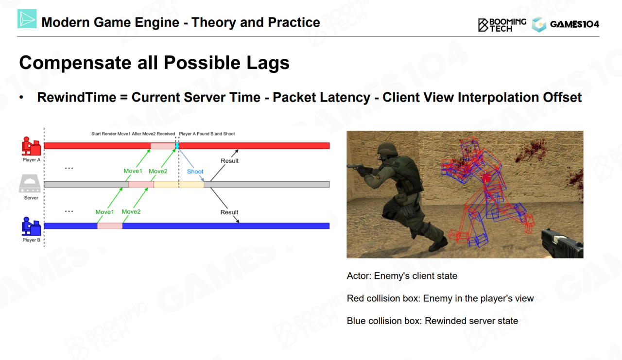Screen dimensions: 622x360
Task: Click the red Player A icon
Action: pyautogui.click(x=32, y=146)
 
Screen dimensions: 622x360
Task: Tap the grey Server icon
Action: pyautogui.click(x=30, y=184)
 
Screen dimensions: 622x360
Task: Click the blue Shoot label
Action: pyautogui.click(x=195, y=171)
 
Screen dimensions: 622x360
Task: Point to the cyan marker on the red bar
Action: pyautogui.click(x=177, y=146)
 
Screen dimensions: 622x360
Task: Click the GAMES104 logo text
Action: pyautogui.click(x=574, y=24)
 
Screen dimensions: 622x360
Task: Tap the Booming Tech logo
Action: pyautogui.click(x=502, y=25)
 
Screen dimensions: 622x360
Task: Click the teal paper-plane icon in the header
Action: pyautogui.click(x=27, y=18)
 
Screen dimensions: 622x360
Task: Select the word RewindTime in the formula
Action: pyautogui.click(x=76, y=98)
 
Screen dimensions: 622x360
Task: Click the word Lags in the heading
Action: pyautogui.click(x=268, y=63)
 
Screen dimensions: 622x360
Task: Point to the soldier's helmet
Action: pyautogui.click(x=388, y=149)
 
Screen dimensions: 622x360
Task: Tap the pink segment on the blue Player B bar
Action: pyautogui.click(x=110, y=226)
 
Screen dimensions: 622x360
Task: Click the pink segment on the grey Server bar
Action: pyautogui.click(x=141, y=184)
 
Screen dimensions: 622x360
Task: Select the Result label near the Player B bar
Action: pyautogui.click(x=229, y=212)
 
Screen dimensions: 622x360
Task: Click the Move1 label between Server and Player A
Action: pyautogui.click(x=133, y=171)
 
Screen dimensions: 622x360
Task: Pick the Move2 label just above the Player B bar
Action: pyautogui.click(x=131, y=211)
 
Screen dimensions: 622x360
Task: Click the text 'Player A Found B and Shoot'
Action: pyautogui.click(x=207, y=134)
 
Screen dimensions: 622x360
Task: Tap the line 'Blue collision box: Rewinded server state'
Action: pyautogui.click(x=432, y=321)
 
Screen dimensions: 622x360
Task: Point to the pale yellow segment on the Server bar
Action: pyautogui.click(x=179, y=184)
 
